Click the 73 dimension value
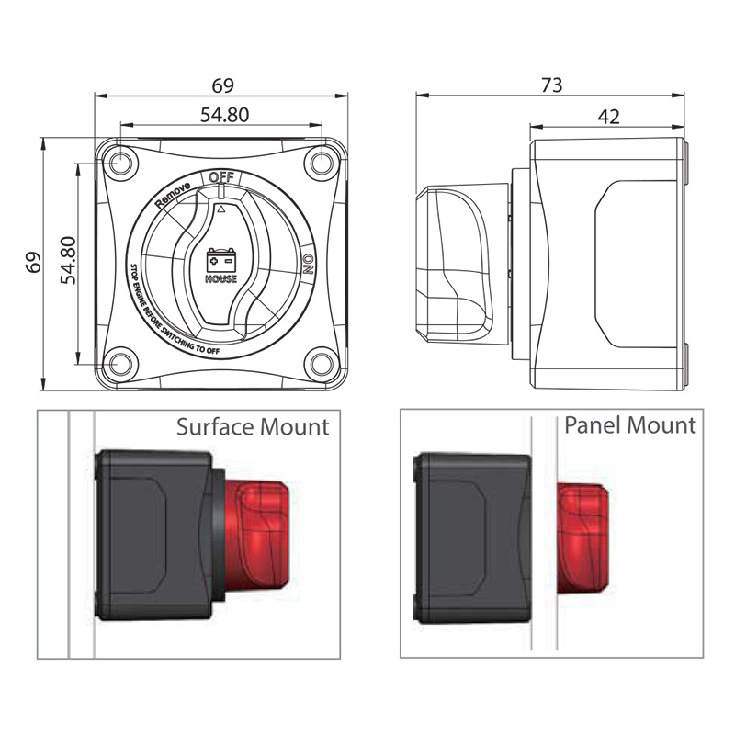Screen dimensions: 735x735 pyautogui.click(x=551, y=85)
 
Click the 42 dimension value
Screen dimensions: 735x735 pyautogui.click(x=608, y=117)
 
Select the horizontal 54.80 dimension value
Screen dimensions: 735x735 pyautogui.click(x=224, y=115)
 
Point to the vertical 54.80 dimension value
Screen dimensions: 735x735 pyautogui.click(x=68, y=261)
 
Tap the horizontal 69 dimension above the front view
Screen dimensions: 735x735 pyautogui.click(x=222, y=85)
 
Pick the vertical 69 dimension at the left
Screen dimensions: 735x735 pyautogui.click(x=34, y=263)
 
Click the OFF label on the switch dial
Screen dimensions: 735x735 pyautogui.click(x=220, y=177)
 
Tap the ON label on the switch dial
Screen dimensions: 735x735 pyautogui.click(x=308, y=264)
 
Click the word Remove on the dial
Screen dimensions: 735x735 pyautogui.click(x=173, y=194)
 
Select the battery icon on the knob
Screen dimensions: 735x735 pyautogui.click(x=221, y=260)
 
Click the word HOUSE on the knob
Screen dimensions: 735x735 pyautogui.click(x=221, y=279)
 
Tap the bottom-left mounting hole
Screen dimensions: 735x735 pyautogui.click(x=120, y=364)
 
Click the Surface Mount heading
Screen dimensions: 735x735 pyautogui.click(x=253, y=427)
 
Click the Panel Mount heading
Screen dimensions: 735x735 pyautogui.click(x=630, y=425)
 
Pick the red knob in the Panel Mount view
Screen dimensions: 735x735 pyautogui.click(x=582, y=538)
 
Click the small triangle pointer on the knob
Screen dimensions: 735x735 pyautogui.click(x=221, y=209)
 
